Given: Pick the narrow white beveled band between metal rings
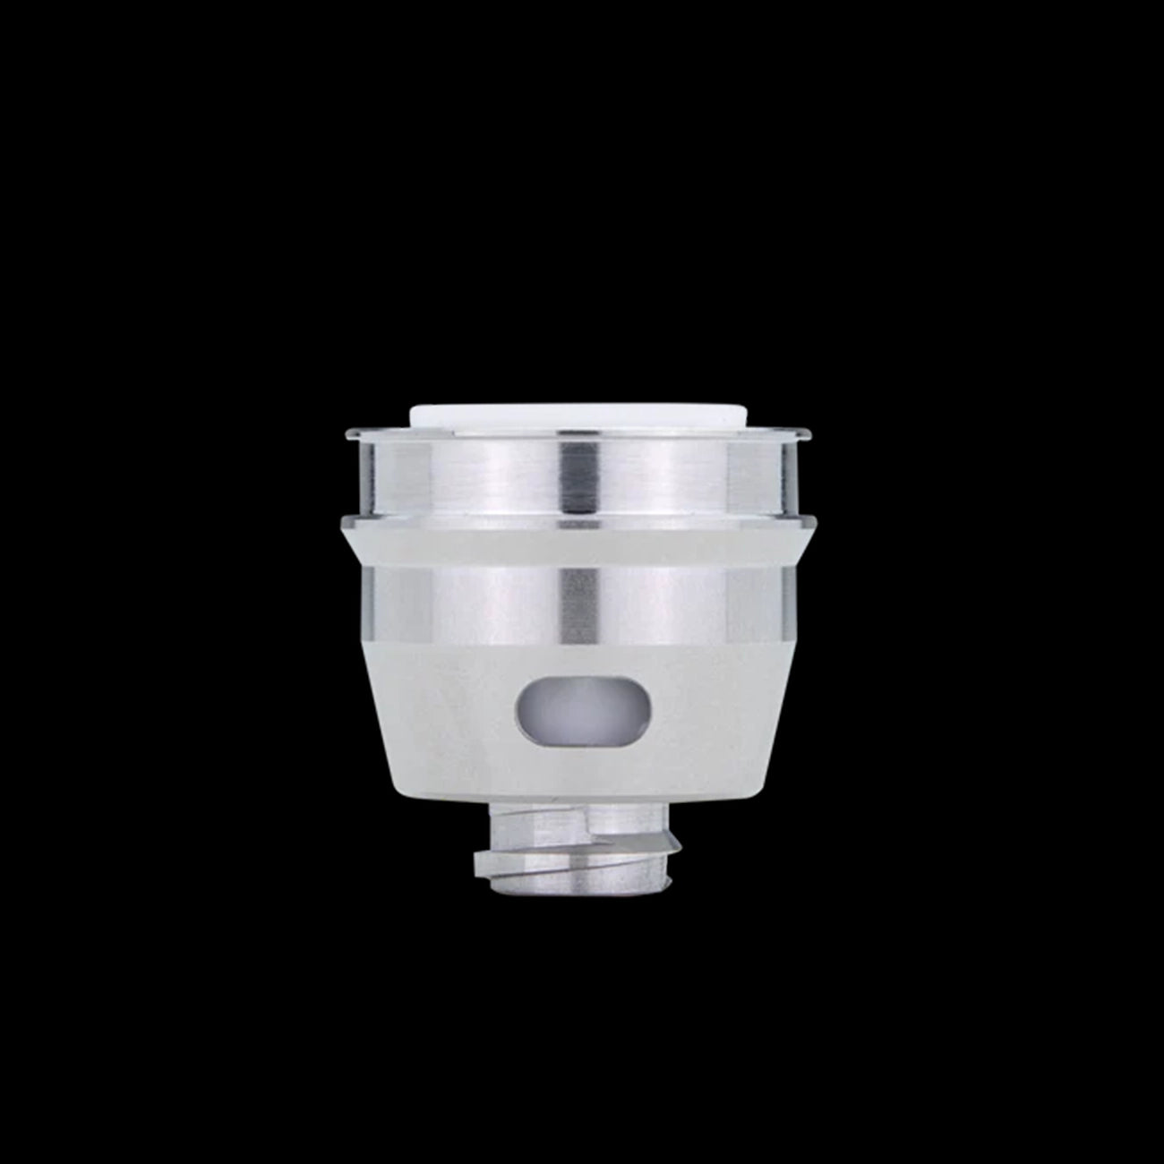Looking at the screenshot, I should click(x=580, y=543).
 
